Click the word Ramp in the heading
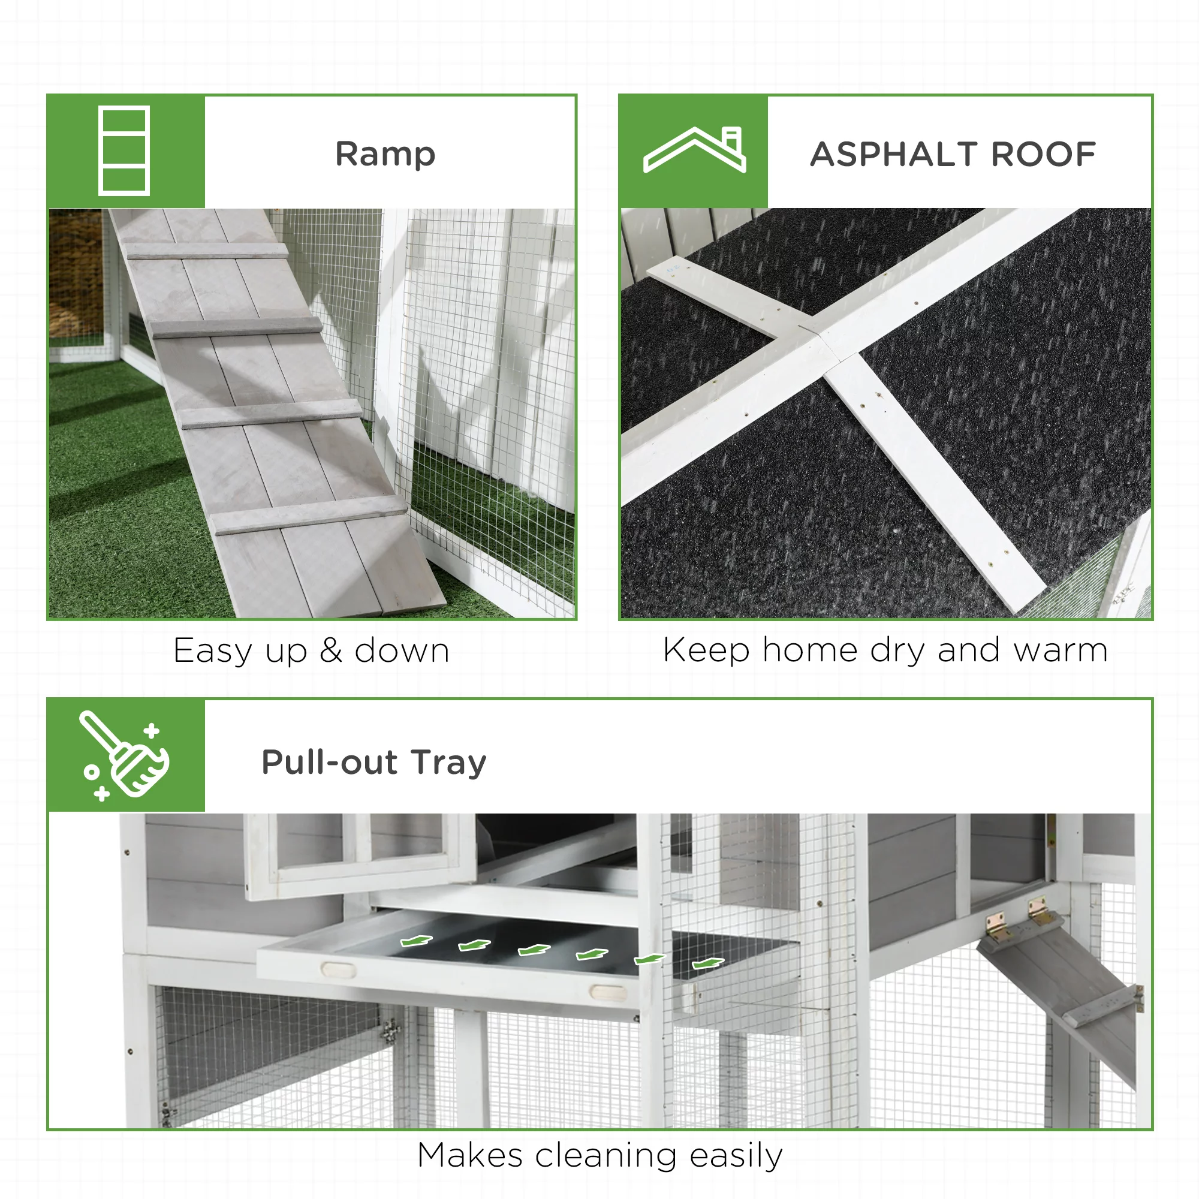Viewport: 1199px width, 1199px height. click(385, 154)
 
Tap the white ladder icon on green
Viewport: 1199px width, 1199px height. click(123, 151)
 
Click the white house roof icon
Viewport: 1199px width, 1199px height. click(694, 150)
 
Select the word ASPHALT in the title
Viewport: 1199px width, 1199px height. click(891, 154)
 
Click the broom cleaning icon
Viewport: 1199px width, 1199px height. click(124, 755)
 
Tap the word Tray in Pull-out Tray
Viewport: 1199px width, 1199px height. click(448, 762)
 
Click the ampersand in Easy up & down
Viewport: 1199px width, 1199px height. click(331, 650)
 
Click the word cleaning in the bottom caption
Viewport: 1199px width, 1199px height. click(605, 1156)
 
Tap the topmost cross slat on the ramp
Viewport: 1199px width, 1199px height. click(207, 251)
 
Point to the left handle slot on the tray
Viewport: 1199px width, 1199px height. click(338, 969)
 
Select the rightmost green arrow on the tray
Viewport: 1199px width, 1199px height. click(707, 964)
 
